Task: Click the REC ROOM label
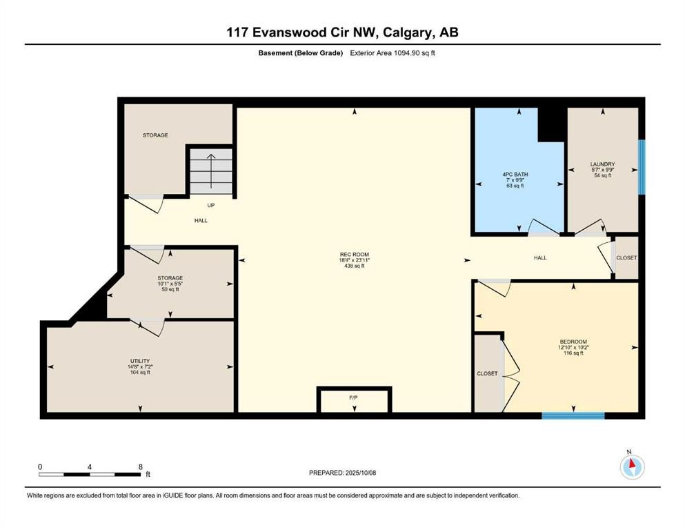355,255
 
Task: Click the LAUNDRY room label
602,164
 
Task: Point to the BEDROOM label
573,342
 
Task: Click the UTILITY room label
140,361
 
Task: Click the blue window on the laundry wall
642,168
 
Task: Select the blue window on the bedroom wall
573,415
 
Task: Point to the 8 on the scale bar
141,467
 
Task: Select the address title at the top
342,32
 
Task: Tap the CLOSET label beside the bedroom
487,373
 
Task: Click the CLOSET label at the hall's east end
626,257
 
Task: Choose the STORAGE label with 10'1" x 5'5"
169,278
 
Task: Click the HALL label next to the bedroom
540,257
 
